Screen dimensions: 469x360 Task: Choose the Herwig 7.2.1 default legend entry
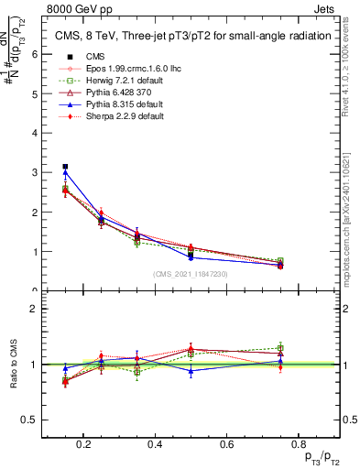coord(105,81)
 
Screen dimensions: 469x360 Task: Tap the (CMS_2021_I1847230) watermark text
coord(191,273)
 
